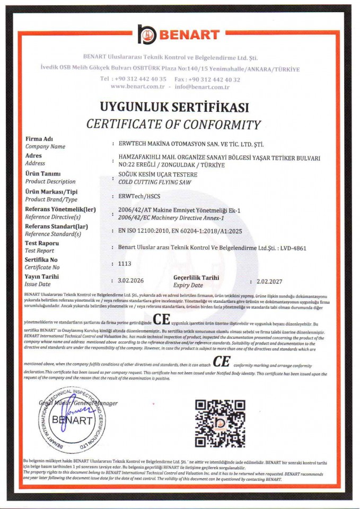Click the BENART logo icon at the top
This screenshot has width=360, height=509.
(x=147, y=34)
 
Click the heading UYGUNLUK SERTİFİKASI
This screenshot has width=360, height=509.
(x=174, y=108)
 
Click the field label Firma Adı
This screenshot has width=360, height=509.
(x=39, y=138)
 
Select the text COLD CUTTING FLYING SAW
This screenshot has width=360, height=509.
(x=153, y=182)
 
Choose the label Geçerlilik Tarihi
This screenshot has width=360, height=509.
(x=196, y=277)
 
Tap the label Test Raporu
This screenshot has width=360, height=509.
(x=42, y=243)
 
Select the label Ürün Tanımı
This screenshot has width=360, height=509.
(x=43, y=173)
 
